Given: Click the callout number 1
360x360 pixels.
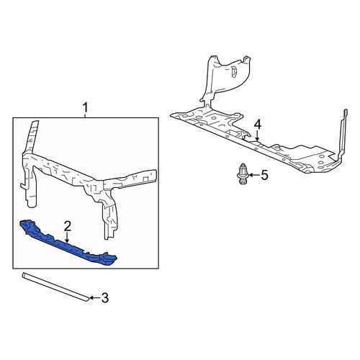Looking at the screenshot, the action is (x=85, y=108).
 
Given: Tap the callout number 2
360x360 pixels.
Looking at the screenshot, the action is (x=67, y=226).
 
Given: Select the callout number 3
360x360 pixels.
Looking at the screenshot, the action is (x=105, y=298).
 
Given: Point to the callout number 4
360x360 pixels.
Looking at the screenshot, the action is (x=257, y=125).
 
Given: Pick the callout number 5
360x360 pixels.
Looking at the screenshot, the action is (x=264, y=175).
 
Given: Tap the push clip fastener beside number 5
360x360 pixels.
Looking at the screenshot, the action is (x=243, y=174).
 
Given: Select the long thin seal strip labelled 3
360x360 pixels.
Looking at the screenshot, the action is (x=56, y=287).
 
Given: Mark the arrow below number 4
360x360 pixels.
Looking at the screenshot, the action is (x=257, y=135).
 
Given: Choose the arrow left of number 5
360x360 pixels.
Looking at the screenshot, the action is (x=254, y=175).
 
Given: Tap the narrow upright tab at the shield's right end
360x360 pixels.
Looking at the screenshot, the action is (x=343, y=135).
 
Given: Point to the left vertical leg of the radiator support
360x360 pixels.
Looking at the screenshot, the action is (x=30, y=187).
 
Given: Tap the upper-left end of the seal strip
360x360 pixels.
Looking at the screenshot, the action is (x=23, y=275).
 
